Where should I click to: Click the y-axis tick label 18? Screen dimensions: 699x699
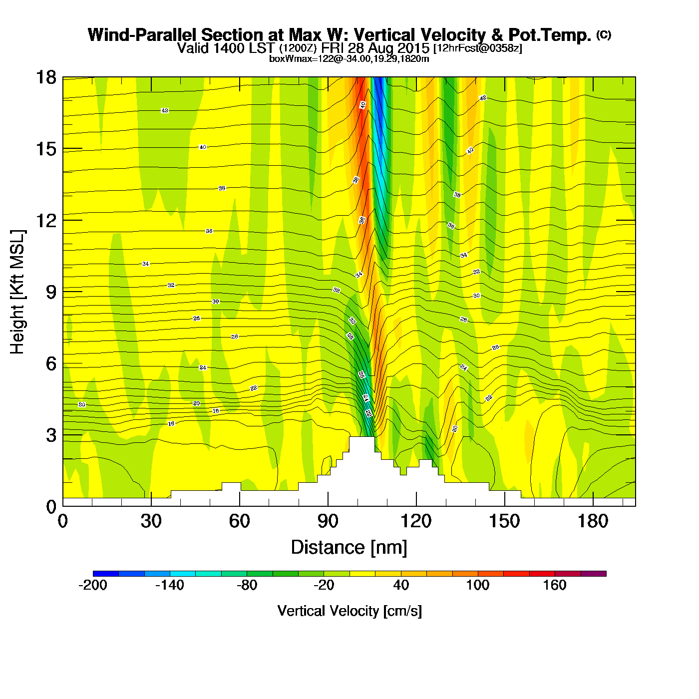pyautogui.click(x=46, y=77)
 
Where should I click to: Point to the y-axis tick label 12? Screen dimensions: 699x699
pyautogui.click(x=46, y=220)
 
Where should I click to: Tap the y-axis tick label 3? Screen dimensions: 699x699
pyautogui.click(x=51, y=435)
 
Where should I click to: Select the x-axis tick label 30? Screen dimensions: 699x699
pyautogui.click(x=151, y=522)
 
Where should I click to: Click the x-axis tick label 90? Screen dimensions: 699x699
pyautogui.click(x=328, y=522)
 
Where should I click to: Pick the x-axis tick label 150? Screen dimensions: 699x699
pyautogui.click(x=505, y=522)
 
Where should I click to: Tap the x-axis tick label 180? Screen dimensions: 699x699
pyautogui.click(x=593, y=522)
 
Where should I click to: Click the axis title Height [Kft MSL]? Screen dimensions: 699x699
pyautogui.click(x=17, y=292)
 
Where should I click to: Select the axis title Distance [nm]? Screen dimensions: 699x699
pyautogui.click(x=349, y=548)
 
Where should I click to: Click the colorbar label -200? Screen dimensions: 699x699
pyautogui.click(x=93, y=585)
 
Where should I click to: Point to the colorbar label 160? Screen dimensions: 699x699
pyautogui.click(x=555, y=585)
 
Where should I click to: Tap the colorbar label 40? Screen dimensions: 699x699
pyautogui.click(x=401, y=585)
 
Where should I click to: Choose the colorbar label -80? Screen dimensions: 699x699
pyautogui.click(x=247, y=585)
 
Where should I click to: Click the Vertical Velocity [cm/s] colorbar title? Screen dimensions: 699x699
pyautogui.click(x=349, y=611)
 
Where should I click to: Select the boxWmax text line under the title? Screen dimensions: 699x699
pyautogui.click(x=349, y=59)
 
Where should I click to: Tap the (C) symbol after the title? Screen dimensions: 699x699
pyautogui.click(x=604, y=34)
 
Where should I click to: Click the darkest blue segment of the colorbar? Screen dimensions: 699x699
pyautogui.click(x=106, y=574)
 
